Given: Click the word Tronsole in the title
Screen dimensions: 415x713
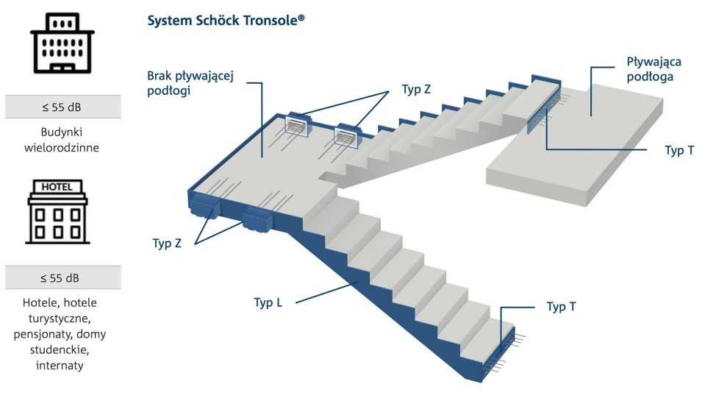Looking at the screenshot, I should [269, 21].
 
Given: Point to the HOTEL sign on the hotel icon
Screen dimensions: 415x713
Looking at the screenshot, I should [57, 187].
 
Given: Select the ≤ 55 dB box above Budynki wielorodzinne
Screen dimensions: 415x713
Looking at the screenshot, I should [62, 107].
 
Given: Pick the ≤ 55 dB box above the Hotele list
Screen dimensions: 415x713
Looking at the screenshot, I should [62, 278].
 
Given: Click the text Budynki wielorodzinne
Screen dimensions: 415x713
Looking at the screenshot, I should [62, 140].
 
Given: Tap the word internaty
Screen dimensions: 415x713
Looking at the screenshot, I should [59, 365].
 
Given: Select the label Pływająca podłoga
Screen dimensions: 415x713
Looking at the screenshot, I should [650, 68].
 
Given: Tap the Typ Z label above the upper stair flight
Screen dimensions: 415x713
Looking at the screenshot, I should [416, 89].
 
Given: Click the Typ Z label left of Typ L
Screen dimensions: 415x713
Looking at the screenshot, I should [167, 244].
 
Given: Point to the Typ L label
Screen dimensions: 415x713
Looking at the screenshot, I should [268, 302].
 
